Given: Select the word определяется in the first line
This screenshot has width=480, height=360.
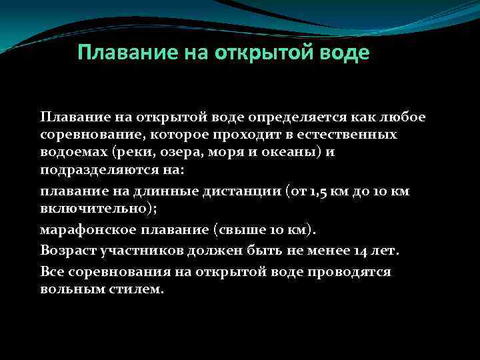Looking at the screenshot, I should click(287, 117).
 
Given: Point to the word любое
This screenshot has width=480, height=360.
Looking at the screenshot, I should click(402, 117).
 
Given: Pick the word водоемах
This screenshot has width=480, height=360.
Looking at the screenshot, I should click(71, 152).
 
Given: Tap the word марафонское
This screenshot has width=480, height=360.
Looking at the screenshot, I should click(82, 230).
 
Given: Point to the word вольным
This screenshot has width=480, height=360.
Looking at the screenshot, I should click(71, 290).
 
